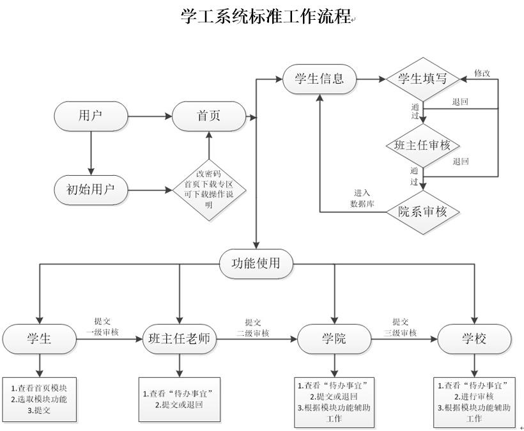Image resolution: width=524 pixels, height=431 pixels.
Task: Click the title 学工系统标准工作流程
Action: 266,17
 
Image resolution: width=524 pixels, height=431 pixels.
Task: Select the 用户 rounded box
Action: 91,116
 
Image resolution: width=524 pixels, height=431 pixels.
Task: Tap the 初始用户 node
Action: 91,189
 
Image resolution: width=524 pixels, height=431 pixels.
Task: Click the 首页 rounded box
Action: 208,116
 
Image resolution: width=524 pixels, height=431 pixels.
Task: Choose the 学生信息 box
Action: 320,79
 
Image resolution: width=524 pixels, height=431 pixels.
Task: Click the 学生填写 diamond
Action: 422,79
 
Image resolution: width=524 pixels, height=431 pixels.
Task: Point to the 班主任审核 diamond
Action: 422,145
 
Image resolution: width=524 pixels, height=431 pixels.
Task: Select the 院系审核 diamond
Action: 422,212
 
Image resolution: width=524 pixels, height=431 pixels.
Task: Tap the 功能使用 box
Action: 256,263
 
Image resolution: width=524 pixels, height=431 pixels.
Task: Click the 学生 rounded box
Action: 40,338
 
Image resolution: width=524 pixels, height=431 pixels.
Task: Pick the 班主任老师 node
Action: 179,338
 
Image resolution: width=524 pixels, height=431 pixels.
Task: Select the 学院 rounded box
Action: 334,338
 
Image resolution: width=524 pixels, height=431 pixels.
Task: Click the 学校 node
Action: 474,338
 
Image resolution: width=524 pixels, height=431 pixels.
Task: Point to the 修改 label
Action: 482,73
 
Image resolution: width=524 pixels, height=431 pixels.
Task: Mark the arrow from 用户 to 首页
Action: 150,116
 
